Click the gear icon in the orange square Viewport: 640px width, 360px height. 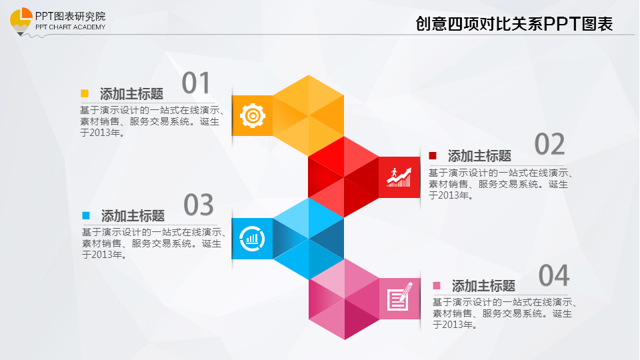pyautogui.click(x=253, y=116)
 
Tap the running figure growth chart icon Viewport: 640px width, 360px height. pyautogui.click(x=399, y=177)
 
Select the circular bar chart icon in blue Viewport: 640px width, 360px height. pyautogui.click(x=252, y=239)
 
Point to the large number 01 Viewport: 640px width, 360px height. pyautogui.click(x=196, y=83)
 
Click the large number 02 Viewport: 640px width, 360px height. pyautogui.click(x=549, y=144)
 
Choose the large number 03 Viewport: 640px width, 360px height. pyautogui.click(x=199, y=205)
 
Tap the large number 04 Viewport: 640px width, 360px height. pyautogui.click(x=554, y=275)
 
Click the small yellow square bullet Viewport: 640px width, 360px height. pyautogui.click(x=85, y=93)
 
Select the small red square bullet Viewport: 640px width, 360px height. pyautogui.click(x=433, y=155)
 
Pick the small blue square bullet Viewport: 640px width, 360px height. pyautogui.click(x=86, y=215)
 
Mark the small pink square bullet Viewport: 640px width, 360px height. pyautogui.click(x=436, y=285)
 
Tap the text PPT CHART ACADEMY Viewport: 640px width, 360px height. pyautogui.click(x=70, y=27)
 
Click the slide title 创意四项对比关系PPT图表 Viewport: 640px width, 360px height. pyautogui.click(x=514, y=24)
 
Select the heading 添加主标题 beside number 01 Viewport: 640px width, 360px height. pyautogui.click(x=131, y=94)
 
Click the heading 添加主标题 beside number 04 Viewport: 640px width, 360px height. pyautogui.click(x=483, y=286)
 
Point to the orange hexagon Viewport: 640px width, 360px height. pyautogui.click(x=308, y=115)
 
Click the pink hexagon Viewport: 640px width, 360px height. pyautogui.click(x=344, y=299)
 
